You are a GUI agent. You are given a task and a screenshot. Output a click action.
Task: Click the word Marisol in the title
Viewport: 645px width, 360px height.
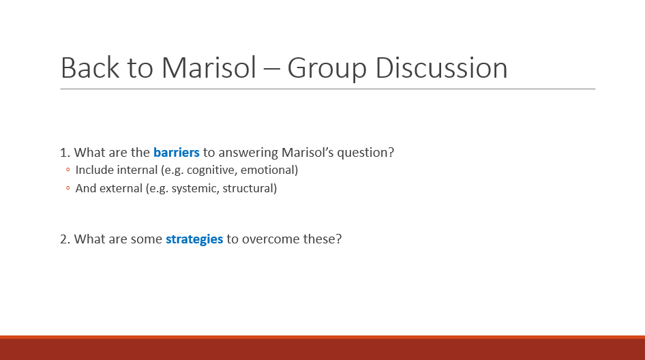pyautogui.click(x=209, y=67)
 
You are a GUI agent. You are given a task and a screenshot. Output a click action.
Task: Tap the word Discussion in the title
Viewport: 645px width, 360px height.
pyautogui.click(x=441, y=67)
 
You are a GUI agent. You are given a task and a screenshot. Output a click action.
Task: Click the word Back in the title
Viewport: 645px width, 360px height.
pyautogui.click(x=90, y=67)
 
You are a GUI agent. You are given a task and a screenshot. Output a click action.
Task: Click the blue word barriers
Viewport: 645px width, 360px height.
pyautogui.click(x=177, y=152)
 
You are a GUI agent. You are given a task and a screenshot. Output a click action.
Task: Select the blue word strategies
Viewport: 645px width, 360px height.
pyautogui.click(x=194, y=239)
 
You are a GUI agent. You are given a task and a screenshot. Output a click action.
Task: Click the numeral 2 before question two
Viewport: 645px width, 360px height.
pyautogui.click(x=64, y=239)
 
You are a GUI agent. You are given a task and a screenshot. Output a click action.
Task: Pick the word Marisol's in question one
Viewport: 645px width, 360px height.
pyautogui.click(x=307, y=152)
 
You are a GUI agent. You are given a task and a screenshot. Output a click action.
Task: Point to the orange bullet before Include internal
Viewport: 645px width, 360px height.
pyautogui.click(x=68, y=170)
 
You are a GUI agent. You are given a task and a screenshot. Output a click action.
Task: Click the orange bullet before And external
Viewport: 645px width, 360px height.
pyautogui.click(x=68, y=188)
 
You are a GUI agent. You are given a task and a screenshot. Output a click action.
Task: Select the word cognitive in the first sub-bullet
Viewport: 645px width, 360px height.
pyautogui.click(x=212, y=170)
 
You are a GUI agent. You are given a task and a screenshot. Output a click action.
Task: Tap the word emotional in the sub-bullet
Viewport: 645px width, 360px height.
pyautogui.click(x=269, y=170)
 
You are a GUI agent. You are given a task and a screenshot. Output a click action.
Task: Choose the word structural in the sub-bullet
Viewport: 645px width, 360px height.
pyautogui.click(x=250, y=188)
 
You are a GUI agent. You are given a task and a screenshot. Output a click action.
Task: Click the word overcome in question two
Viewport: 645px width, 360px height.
pyautogui.click(x=271, y=239)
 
